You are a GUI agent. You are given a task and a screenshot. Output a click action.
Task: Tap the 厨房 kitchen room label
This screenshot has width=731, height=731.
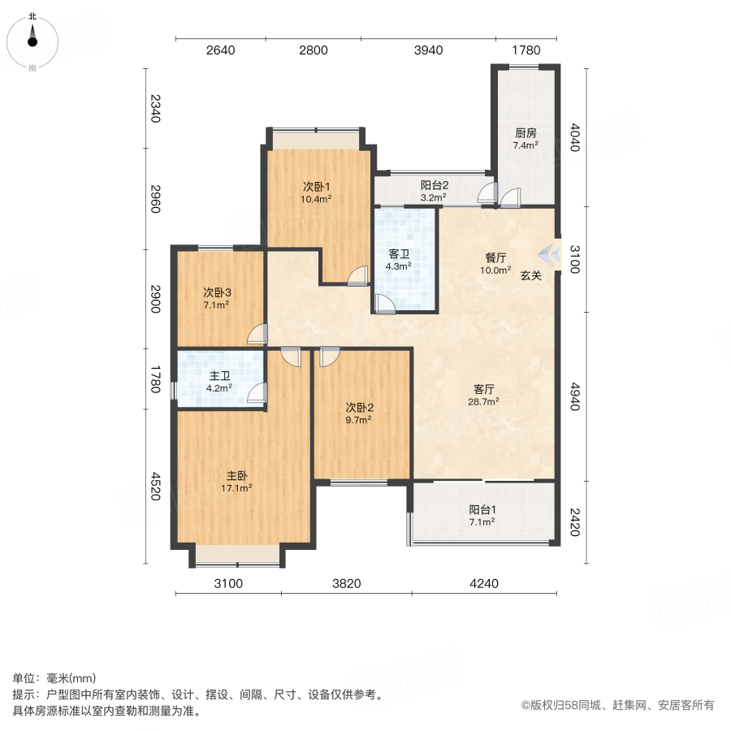(x=525, y=133)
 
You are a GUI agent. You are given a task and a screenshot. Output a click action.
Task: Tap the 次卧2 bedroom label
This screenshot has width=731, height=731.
(x=358, y=408)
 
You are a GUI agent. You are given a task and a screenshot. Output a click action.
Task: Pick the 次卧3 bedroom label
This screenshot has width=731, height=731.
(x=216, y=292)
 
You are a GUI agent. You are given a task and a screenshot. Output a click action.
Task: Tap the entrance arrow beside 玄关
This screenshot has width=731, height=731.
(x=551, y=254)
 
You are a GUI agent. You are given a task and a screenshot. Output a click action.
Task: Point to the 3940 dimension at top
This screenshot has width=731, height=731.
(x=428, y=50)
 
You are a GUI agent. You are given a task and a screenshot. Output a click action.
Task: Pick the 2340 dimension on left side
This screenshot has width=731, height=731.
(x=155, y=109)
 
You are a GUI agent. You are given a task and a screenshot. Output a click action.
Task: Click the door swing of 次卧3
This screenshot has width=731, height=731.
(x=257, y=333)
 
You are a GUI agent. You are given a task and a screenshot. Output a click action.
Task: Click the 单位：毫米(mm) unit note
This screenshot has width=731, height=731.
(x=54, y=679)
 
